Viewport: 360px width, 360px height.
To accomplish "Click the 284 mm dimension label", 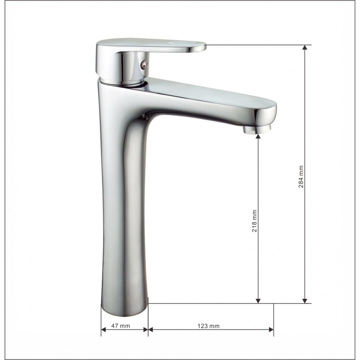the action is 301,177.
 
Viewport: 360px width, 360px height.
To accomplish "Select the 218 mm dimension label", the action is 255,221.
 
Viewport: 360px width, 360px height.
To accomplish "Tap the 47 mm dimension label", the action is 121,326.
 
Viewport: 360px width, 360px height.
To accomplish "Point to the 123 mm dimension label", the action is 208,326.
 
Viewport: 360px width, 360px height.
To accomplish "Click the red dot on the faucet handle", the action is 143,67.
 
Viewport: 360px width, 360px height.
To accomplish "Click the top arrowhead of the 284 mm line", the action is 305,47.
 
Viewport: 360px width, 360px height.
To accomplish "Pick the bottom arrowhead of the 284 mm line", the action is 305,301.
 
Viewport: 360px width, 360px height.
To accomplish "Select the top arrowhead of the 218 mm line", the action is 258,137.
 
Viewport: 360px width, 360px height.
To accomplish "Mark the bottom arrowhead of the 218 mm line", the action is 258,301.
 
